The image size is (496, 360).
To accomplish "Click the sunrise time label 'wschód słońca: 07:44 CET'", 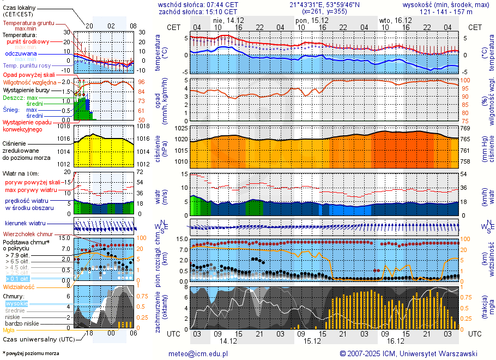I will (198, 4).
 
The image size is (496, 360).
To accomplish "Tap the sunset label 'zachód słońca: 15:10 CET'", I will (198, 11).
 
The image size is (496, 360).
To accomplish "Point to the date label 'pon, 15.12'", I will (309, 20).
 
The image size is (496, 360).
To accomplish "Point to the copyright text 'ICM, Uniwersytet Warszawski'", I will (432, 353).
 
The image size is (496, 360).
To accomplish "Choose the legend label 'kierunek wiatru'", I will (25, 224).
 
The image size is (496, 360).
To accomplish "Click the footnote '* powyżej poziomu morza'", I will (31, 353).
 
